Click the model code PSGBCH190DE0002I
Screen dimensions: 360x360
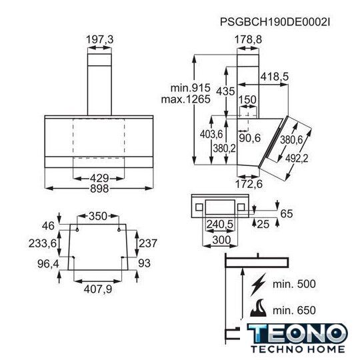click(275, 22)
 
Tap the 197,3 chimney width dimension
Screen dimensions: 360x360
click(99, 39)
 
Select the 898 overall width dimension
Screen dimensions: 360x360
click(99, 189)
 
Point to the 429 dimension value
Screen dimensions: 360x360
click(99, 178)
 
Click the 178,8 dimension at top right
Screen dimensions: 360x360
click(248, 39)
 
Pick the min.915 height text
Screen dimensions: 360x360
click(190, 88)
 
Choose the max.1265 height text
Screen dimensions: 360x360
click(186, 99)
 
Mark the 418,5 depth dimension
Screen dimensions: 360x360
click(275, 77)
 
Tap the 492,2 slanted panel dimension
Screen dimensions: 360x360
click(297, 158)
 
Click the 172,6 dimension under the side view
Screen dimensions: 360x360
click(249, 184)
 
